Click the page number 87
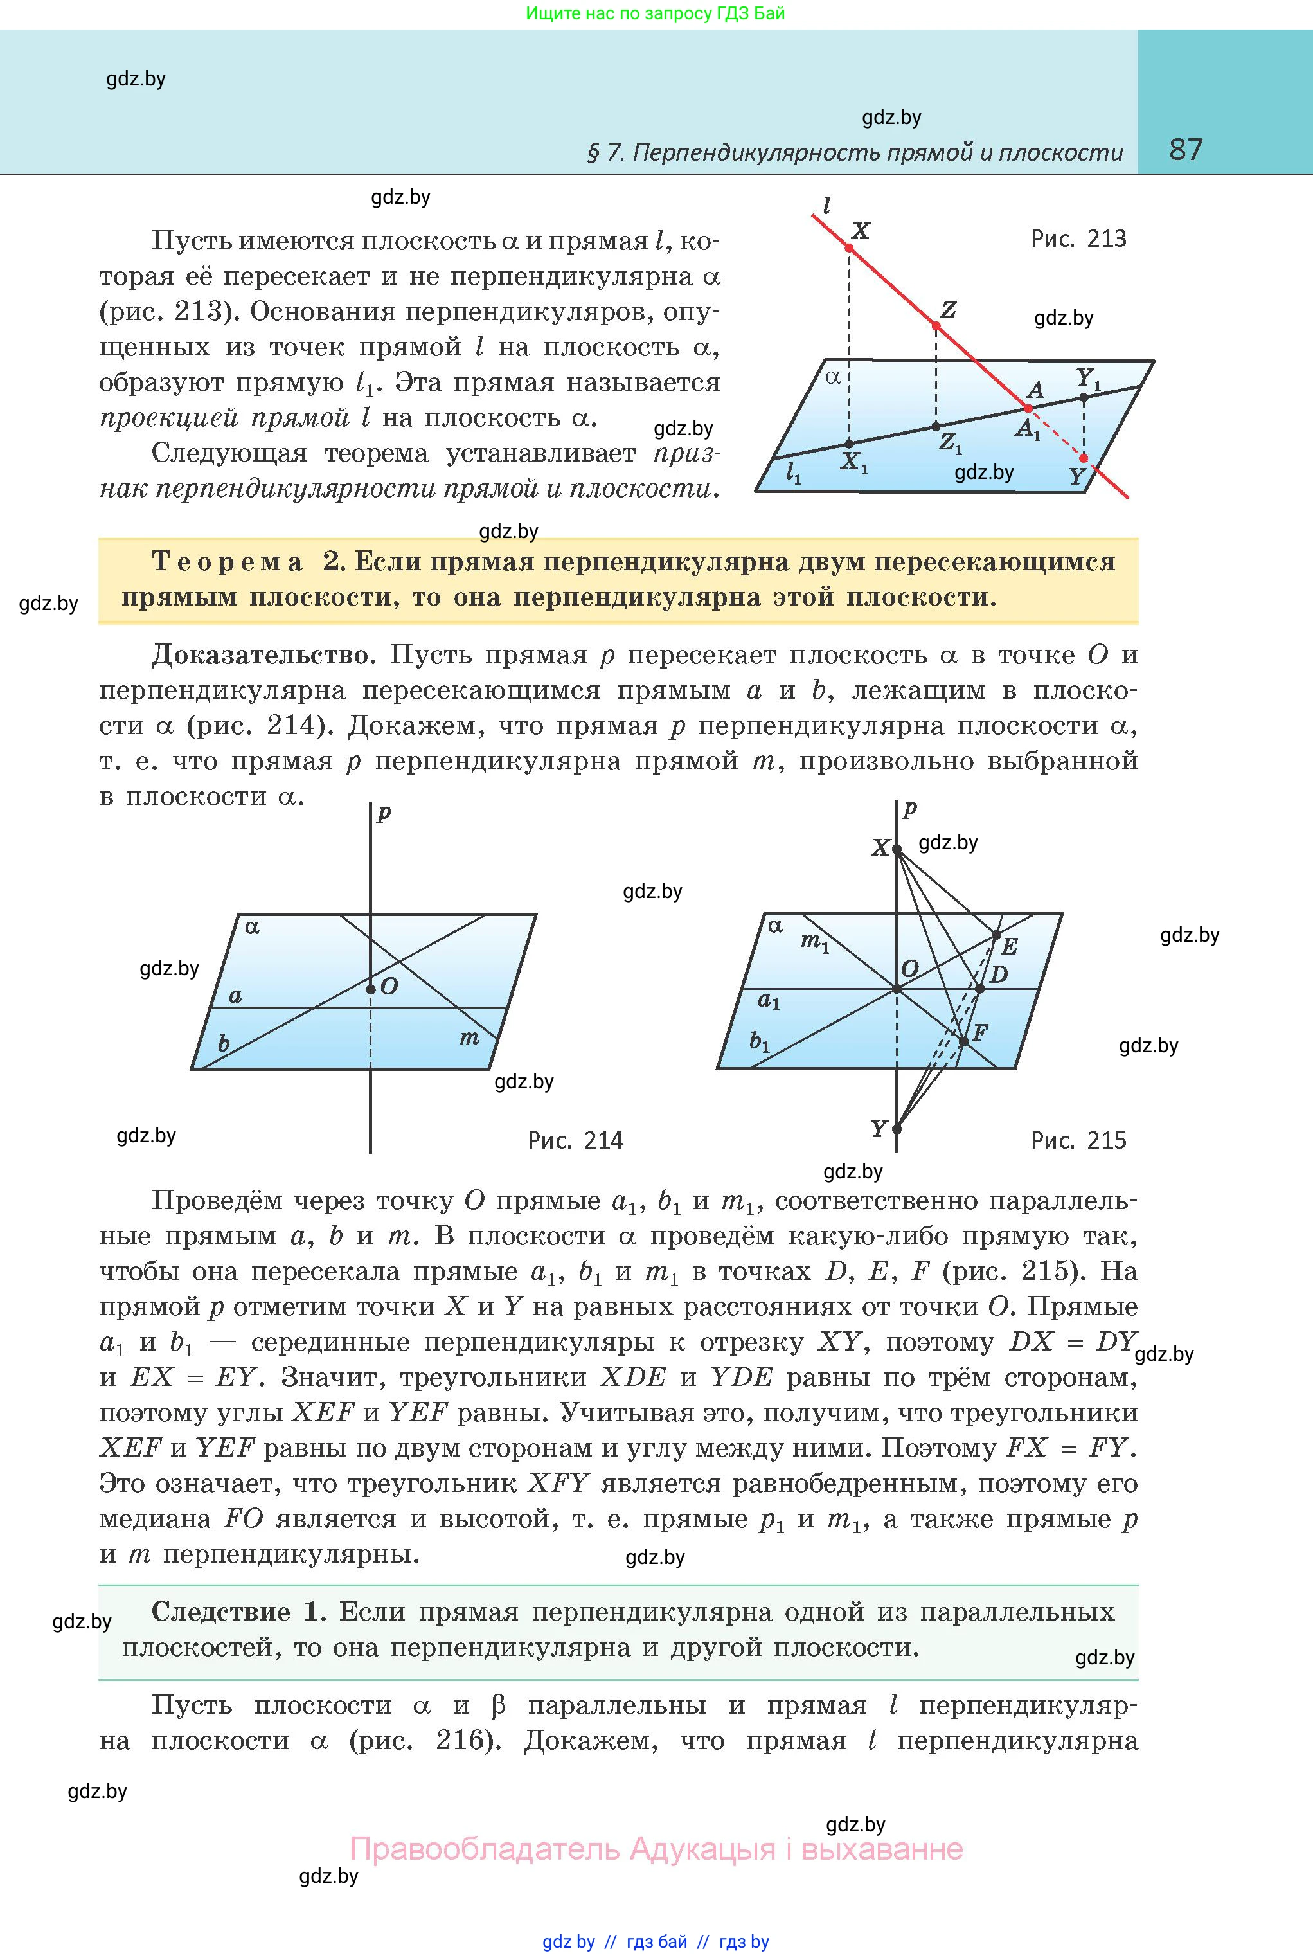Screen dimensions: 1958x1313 1186,150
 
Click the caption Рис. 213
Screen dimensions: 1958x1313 1078,240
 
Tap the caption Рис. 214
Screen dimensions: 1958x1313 575,1140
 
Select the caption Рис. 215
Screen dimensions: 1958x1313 1078,1140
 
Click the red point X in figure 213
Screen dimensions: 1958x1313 849,249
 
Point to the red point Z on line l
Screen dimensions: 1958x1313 937,326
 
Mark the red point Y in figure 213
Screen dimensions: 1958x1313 1084,458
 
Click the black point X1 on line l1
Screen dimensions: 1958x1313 849,444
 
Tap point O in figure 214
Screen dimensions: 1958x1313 370,990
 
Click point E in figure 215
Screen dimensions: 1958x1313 996,935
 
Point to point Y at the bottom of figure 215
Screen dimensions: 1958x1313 897,1129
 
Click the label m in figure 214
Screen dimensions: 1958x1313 469,1039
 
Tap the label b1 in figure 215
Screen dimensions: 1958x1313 760,1042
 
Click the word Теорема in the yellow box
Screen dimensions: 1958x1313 227,562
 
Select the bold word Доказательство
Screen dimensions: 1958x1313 260,655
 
